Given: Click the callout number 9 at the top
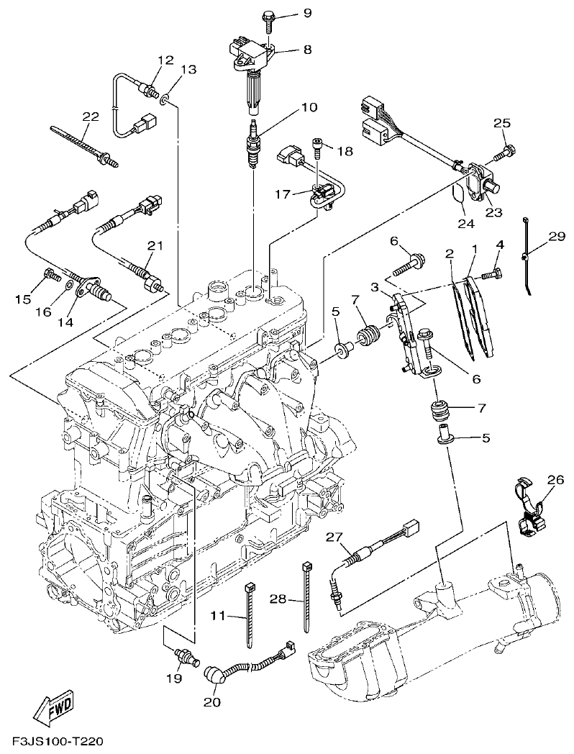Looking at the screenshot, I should pos(287,13).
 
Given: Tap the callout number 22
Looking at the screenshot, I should pos(90,117).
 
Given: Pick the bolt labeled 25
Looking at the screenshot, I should pos(507,152).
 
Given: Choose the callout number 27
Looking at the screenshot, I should pos(332,537).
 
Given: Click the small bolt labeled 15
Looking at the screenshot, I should pos(51,273).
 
